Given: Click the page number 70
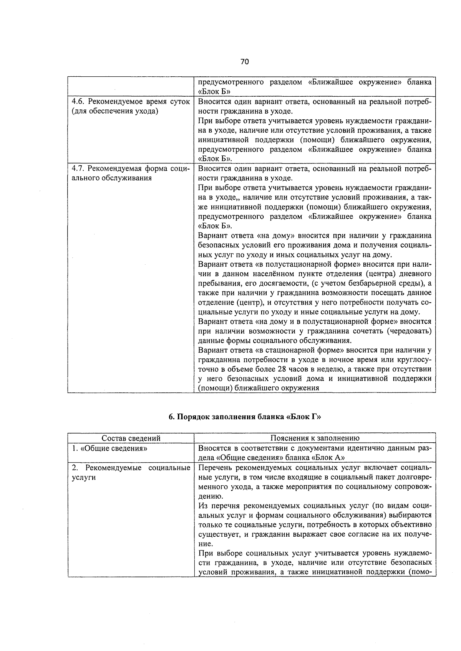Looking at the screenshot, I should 245,62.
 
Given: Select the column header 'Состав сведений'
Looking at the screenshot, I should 131,438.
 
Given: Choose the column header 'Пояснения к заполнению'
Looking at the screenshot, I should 315,438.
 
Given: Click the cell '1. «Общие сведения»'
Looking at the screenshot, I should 110,448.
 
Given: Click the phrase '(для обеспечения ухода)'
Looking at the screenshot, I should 115,111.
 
